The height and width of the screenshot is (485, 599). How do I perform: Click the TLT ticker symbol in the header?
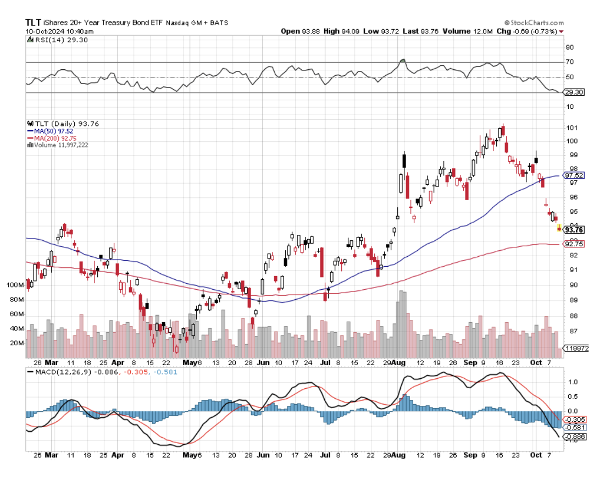(x=32, y=23)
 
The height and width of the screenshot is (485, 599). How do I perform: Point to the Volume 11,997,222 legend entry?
(x=60, y=145)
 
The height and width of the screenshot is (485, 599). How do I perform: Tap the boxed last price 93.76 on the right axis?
(x=574, y=230)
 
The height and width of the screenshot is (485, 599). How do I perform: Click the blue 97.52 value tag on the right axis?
(x=574, y=175)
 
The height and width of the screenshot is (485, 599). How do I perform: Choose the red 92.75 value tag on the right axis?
(x=574, y=244)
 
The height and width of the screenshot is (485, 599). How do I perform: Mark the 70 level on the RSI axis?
(x=569, y=62)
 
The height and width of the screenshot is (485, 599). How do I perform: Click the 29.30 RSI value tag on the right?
(x=574, y=92)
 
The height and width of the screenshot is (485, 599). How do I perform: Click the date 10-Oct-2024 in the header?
(x=43, y=31)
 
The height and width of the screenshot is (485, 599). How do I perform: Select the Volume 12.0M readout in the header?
(x=461, y=31)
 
